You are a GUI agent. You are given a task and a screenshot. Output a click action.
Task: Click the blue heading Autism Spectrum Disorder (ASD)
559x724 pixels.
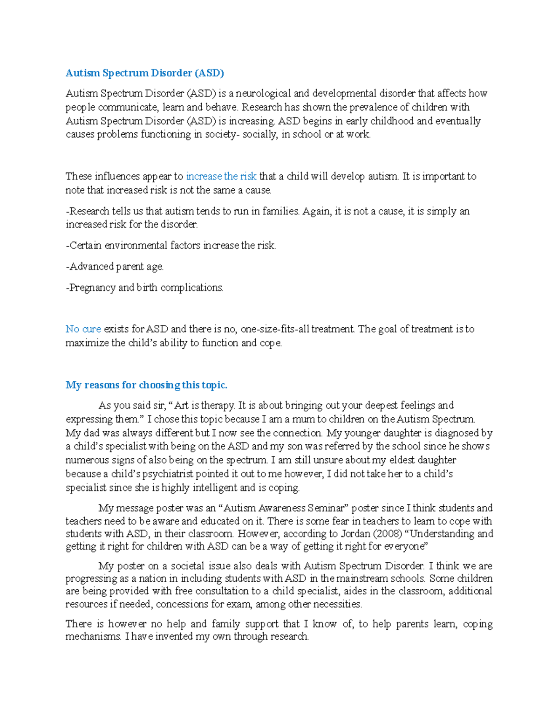(x=144, y=73)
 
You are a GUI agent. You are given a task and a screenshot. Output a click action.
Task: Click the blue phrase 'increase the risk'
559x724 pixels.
(x=221, y=176)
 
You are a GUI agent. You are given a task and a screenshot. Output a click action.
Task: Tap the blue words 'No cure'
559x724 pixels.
(x=83, y=329)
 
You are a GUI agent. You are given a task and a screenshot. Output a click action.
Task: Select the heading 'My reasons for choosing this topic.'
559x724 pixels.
(x=146, y=385)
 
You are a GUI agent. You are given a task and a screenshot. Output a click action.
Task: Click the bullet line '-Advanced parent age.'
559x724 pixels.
(x=115, y=266)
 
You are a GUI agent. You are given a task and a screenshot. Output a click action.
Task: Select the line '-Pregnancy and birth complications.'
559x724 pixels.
(x=144, y=287)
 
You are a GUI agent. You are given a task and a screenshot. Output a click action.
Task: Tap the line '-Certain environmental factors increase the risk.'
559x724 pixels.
(x=171, y=245)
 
